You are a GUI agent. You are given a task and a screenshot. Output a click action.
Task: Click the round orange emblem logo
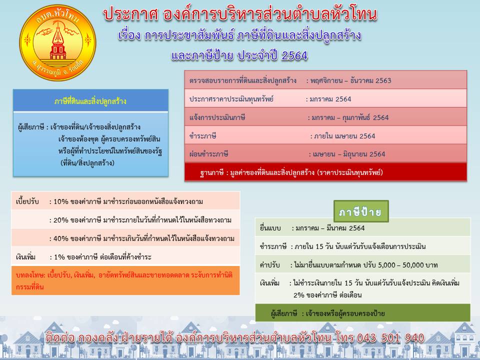coord(57,43)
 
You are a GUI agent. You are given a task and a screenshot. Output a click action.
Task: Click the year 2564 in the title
coord(294,55)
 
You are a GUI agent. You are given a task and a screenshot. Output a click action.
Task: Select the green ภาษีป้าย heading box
coord(361,211)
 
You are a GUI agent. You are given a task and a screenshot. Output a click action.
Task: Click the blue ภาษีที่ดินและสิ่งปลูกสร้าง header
coord(90,100)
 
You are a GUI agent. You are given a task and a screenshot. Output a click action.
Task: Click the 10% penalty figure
coord(60,201)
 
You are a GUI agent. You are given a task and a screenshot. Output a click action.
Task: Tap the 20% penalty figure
coord(60,220)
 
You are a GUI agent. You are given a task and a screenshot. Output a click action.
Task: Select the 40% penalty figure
coord(60,238)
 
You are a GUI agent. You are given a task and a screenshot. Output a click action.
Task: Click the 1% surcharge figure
coord(59,257)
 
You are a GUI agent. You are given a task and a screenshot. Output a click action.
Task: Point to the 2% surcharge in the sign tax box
coord(299,295)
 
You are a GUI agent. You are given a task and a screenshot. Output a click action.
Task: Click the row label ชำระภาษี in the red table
coord(202,136)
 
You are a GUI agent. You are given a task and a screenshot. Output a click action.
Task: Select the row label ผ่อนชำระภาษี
coord(208,154)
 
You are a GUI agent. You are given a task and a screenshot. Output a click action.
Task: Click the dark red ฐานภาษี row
coord(325,172)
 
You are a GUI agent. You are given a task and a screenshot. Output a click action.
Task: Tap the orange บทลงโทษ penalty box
coord(125,280)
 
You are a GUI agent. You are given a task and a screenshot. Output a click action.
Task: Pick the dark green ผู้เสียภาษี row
coord(363,313)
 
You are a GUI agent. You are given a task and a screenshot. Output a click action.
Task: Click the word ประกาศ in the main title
coord(130,14)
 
